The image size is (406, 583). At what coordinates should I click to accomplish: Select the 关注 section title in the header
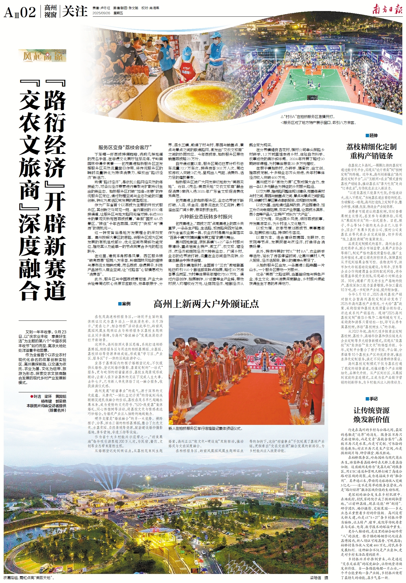(x=75, y=12)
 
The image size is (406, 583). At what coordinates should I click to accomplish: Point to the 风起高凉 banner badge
(x=42, y=56)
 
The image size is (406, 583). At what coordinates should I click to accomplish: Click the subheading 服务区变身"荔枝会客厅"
(x=125, y=147)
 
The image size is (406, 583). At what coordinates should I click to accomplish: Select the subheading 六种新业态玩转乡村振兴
(x=206, y=217)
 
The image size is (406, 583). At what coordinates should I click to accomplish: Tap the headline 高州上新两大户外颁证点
(x=206, y=304)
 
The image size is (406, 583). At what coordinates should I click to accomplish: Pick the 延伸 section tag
(x=371, y=135)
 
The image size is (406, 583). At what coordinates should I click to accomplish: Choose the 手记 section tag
(x=371, y=399)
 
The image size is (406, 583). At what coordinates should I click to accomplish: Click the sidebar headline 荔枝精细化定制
(x=371, y=147)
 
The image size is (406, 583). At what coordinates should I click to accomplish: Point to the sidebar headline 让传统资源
(x=371, y=410)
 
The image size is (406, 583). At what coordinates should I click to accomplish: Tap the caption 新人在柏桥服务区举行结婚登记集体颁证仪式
(x=206, y=429)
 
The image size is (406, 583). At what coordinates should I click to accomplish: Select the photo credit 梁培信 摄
(x=319, y=578)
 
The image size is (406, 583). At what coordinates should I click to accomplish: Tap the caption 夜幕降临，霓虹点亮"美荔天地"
(x=28, y=578)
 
